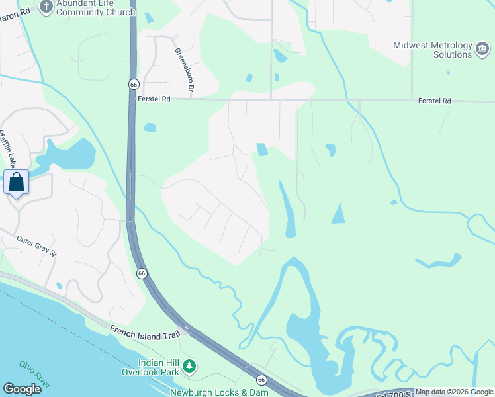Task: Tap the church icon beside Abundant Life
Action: (x=46, y=7)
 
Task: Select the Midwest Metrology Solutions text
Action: (x=433, y=50)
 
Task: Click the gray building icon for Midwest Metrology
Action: (x=482, y=46)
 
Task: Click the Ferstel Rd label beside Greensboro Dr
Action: (x=154, y=99)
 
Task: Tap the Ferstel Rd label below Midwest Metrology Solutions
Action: (x=434, y=101)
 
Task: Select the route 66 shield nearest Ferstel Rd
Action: (x=133, y=85)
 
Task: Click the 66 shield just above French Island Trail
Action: (x=142, y=273)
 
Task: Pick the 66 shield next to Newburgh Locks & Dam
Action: (x=261, y=379)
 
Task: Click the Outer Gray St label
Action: (x=38, y=245)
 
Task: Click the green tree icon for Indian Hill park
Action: (x=190, y=366)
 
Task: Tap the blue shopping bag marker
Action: (x=16, y=181)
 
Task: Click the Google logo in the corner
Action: (x=22, y=388)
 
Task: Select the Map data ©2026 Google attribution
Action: (x=454, y=392)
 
